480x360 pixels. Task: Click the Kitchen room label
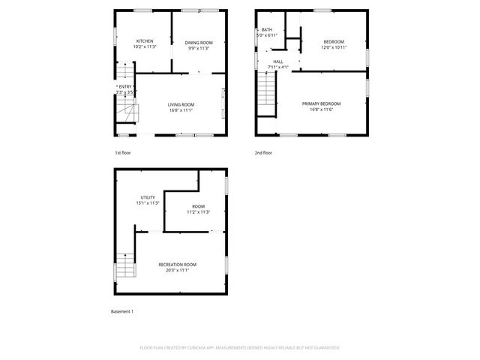145,41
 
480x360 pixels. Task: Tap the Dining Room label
199,43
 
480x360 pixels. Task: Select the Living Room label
181,104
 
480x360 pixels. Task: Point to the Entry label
124,86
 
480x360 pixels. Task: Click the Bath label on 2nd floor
267,29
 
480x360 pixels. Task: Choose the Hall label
278,61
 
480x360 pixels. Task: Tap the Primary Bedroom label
321,103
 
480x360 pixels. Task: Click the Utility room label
148,197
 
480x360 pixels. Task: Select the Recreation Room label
177,264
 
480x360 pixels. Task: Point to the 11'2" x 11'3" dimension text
198,212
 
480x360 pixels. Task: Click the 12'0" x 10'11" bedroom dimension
334,47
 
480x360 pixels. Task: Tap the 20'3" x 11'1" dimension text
177,270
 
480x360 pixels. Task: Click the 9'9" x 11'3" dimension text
199,49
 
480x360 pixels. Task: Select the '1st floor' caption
123,153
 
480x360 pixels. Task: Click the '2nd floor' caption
263,153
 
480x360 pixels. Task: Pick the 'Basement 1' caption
121,311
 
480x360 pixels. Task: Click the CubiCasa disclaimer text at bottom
240,348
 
